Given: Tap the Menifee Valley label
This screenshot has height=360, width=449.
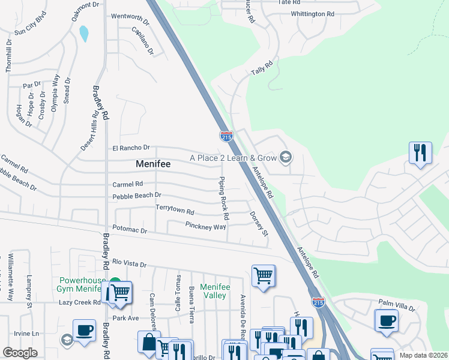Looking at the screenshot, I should coord(215,291).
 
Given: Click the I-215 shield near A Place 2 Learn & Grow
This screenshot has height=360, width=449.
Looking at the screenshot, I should coord(226,137).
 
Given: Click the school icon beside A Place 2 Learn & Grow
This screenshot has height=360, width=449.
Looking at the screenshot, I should coord(286,157).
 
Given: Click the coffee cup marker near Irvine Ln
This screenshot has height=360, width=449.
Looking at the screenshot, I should coord(84,329).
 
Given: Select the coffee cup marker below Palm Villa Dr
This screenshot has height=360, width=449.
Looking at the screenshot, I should coord(385,320).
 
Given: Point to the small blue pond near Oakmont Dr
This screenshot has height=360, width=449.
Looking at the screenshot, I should coord(83,34).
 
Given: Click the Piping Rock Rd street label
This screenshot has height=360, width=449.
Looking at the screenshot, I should coord(224,197).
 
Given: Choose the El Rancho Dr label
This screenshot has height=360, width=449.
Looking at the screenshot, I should coord(130,148).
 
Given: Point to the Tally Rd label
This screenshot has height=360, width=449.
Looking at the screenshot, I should coord(262,67).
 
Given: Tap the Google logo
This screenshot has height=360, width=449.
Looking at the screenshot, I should coord(20,353).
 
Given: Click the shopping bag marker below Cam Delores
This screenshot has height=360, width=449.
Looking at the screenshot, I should coord(148,342).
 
